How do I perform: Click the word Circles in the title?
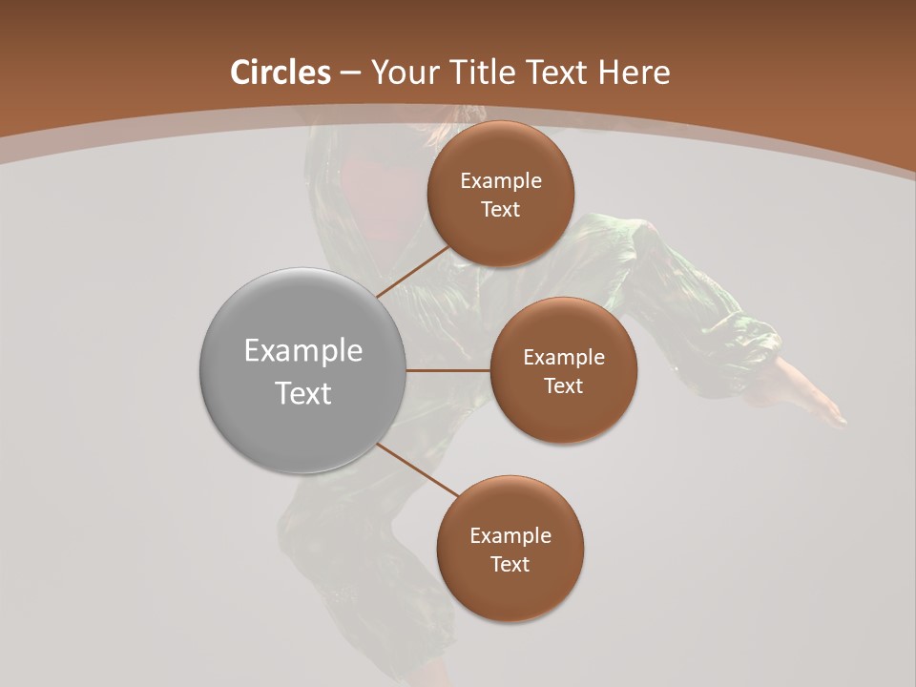coord(281,73)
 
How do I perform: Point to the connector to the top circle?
coord(412,270)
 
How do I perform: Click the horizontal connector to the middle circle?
coord(448,370)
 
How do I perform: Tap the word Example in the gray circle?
coord(303,351)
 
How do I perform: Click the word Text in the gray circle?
coord(303,393)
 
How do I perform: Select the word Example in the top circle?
coord(501,181)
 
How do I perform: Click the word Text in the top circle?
coord(501,210)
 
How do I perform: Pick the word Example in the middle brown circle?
coord(564,358)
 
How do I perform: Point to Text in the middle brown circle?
coord(564,386)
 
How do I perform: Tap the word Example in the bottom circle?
coord(510,536)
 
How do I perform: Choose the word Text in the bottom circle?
coord(510,565)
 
